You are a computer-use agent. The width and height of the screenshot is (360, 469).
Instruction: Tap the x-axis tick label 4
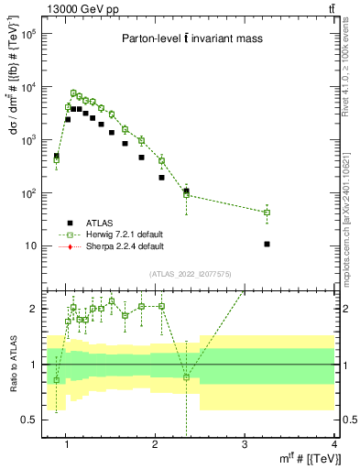[334, 445]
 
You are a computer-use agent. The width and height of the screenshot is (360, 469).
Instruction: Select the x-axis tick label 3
[245, 445]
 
